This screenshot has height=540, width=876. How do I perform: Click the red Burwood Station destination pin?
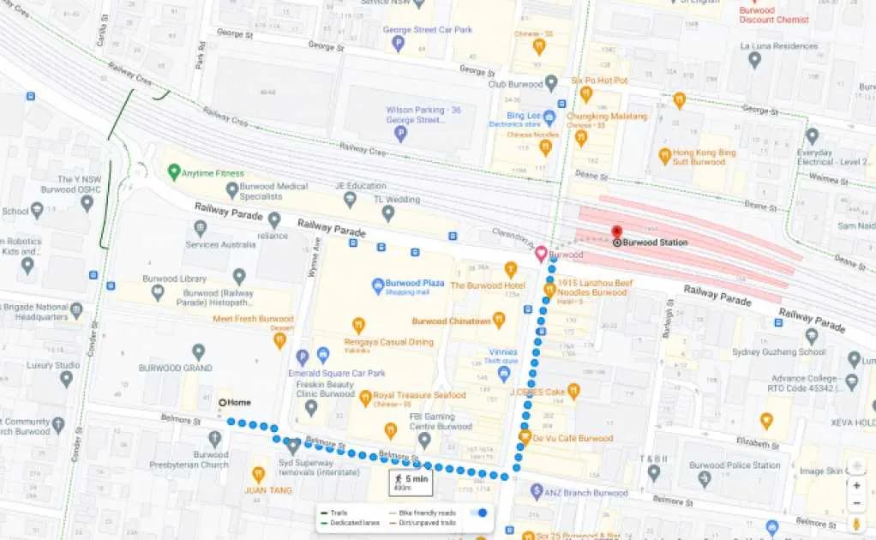(x=615, y=231)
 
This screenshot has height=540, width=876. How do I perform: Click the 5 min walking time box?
(x=411, y=483)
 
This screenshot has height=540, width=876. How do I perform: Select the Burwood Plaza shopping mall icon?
(x=377, y=285)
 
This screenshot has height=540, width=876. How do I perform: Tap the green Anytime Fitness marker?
(x=174, y=173)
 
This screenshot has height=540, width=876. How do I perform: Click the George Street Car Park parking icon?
(x=398, y=44)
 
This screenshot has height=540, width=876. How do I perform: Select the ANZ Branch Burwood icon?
(x=537, y=492)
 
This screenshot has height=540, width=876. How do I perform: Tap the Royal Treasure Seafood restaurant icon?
(x=366, y=398)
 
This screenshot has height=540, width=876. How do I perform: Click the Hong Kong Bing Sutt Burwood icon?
(x=664, y=156)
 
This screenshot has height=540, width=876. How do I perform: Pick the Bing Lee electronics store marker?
(x=549, y=117)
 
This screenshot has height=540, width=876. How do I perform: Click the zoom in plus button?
(x=855, y=484)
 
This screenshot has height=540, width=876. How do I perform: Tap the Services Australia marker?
(x=201, y=228)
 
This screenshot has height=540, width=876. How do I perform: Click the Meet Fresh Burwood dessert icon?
(x=279, y=341)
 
